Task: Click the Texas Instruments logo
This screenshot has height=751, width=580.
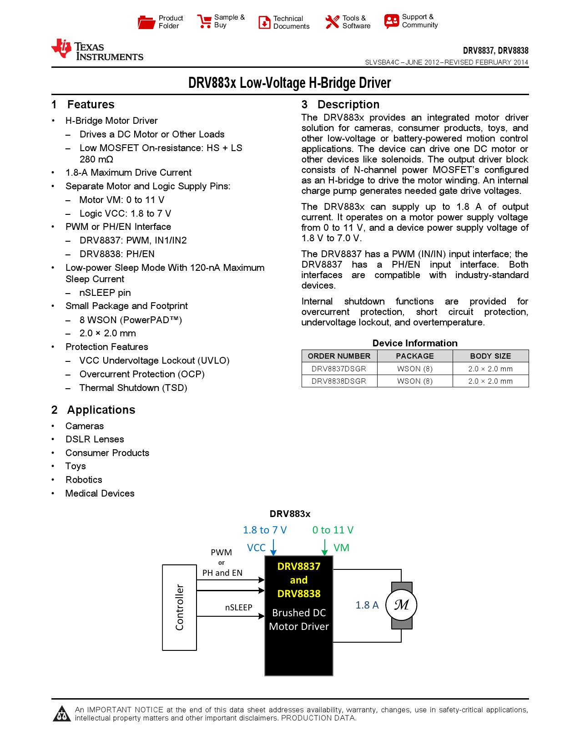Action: click(97, 50)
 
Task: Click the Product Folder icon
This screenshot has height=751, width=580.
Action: click(146, 22)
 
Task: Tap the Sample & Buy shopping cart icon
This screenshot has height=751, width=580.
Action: click(204, 21)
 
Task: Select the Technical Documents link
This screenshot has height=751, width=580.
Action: click(291, 22)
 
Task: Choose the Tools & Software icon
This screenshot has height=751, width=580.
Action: click(332, 22)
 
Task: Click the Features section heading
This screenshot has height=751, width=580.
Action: click(91, 105)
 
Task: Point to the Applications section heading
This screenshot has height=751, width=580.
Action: click(101, 410)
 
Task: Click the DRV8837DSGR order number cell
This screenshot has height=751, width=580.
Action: click(339, 369)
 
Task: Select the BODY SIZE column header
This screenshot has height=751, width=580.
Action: click(490, 356)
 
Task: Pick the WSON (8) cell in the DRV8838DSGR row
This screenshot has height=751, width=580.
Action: click(415, 381)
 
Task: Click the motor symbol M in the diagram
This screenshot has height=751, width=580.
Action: click(401, 605)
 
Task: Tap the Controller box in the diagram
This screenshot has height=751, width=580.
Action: click(180, 607)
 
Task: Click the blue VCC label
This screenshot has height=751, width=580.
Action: click(256, 548)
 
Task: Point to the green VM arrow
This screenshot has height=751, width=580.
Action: click(325, 547)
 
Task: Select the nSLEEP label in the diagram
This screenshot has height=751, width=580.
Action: click(238, 608)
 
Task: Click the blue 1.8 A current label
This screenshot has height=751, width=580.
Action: click(367, 605)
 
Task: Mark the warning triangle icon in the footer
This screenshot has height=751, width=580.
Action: click(61, 714)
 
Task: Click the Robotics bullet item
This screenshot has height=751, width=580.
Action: click(84, 480)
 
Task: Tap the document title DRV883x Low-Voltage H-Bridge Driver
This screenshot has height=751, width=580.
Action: click(290, 83)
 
